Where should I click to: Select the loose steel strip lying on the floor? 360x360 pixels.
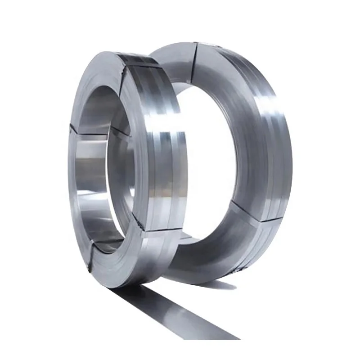(180, 315)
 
